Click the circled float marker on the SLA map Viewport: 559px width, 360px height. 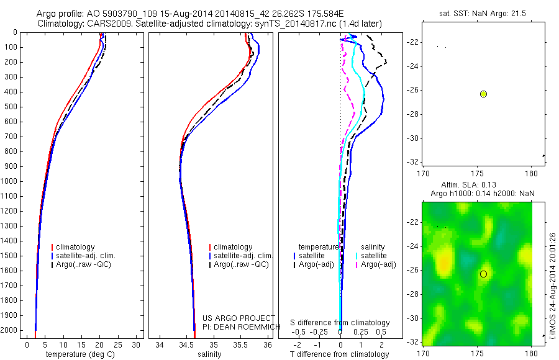coord(483,274)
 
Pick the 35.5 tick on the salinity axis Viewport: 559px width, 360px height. coord(241,345)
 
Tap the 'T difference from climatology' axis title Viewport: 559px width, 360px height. coord(339,354)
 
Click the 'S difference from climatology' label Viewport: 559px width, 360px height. coord(340,323)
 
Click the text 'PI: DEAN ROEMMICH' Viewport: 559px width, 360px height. coord(237,325)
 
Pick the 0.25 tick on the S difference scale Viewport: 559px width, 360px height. coord(360,332)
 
